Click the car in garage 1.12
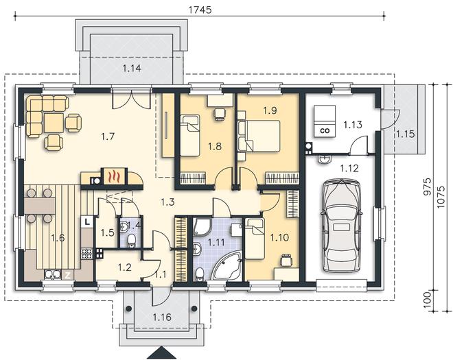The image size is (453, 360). (341, 226)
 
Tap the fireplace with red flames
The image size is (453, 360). (113, 176)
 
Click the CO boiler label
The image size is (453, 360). (325, 130)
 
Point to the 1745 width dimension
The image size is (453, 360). (200, 10)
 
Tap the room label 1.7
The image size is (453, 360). (108, 136)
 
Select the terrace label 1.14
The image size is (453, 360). (132, 69)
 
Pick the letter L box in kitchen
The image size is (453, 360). (87, 221)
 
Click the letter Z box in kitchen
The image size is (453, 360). (67, 275)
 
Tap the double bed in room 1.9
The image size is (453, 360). (259, 136)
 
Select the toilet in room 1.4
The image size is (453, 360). (132, 240)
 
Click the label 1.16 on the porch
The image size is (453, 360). (162, 317)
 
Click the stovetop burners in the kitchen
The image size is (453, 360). (87, 253)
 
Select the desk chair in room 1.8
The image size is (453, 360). (219, 113)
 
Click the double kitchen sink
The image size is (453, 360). (53, 275)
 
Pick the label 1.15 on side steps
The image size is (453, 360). (406, 134)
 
